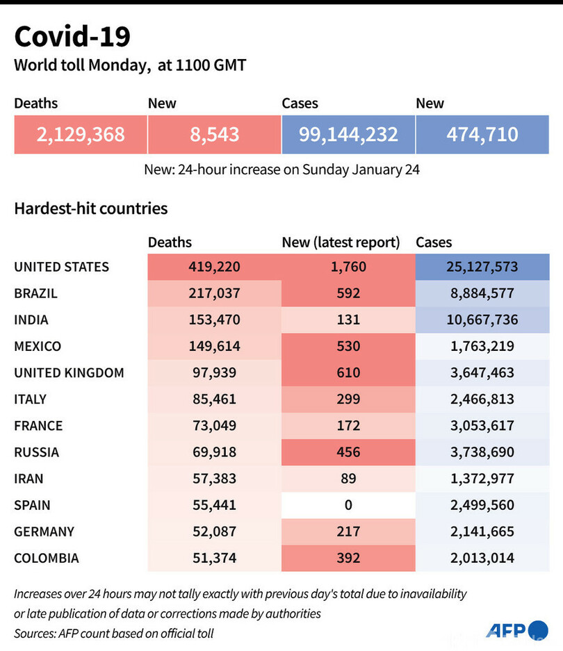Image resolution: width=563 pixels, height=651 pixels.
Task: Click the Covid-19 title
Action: (x=72, y=36)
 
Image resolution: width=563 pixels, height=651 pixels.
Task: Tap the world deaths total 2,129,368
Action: (x=81, y=134)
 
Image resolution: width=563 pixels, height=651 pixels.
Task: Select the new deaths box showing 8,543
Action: (x=215, y=134)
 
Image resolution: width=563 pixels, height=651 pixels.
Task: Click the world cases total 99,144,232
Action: (x=348, y=134)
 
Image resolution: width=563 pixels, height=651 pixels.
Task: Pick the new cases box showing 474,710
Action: (x=483, y=134)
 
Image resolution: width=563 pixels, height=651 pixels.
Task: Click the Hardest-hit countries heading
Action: (x=90, y=208)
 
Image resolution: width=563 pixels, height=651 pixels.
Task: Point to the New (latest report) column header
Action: (x=341, y=242)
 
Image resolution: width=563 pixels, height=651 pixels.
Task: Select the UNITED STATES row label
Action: (x=61, y=267)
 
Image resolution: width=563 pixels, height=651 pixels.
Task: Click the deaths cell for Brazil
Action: (x=213, y=293)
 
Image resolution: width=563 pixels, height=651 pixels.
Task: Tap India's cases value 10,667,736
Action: (x=482, y=320)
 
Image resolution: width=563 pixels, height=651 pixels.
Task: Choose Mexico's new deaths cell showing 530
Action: (x=348, y=346)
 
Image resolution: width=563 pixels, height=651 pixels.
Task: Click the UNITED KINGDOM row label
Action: (x=69, y=372)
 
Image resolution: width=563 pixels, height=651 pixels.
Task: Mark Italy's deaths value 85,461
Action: (x=213, y=399)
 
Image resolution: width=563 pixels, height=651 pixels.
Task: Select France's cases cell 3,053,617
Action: (x=482, y=426)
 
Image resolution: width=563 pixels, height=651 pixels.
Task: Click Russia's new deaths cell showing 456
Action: (x=348, y=452)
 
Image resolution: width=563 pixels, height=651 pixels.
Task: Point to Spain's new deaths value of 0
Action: (x=348, y=505)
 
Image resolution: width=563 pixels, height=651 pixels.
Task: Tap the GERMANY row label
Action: (x=44, y=531)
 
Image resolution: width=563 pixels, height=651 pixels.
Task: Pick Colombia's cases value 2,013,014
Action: (x=482, y=558)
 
